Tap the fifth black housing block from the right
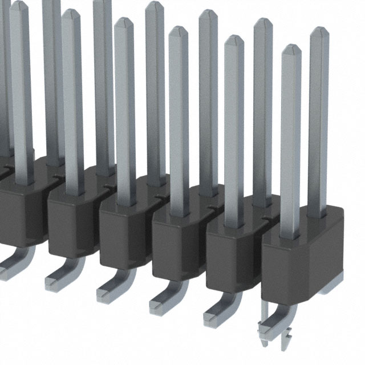point(73,225)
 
